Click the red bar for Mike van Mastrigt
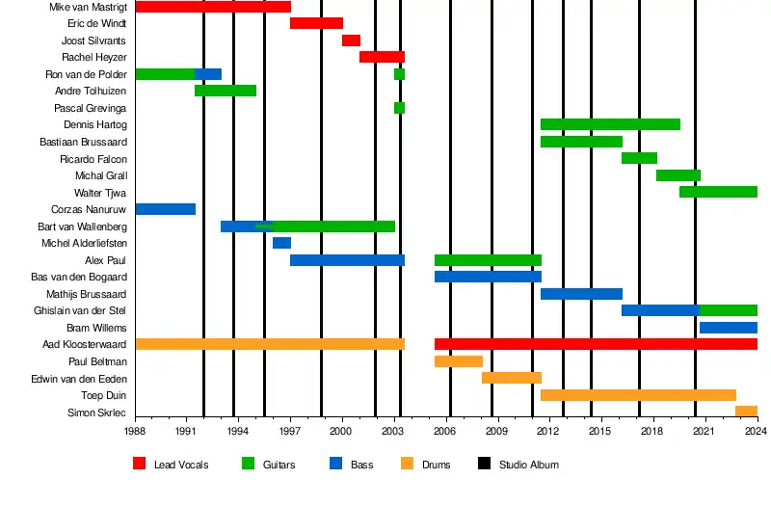coord(213,7)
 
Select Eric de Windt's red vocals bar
coord(316,23)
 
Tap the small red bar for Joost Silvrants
coord(351,40)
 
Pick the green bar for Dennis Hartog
coord(610,124)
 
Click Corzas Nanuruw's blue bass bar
coord(165,209)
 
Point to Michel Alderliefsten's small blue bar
coord(281,243)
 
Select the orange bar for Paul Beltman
coord(458,361)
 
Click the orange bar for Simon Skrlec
coord(746,412)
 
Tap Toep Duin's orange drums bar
coord(638,395)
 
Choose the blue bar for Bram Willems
coord(728,328)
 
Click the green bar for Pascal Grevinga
coord(399,108)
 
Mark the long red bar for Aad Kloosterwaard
coord(596,344)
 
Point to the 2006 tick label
coord(445,432)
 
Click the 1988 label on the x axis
coord(135,432)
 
